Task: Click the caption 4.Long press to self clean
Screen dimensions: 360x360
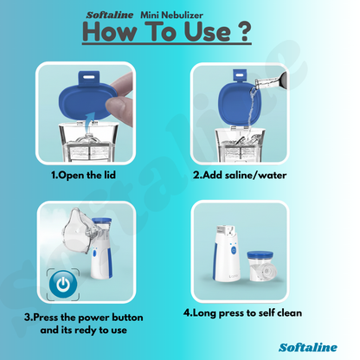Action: pos(243,312)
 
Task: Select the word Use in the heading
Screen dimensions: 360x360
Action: pos(197,34)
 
